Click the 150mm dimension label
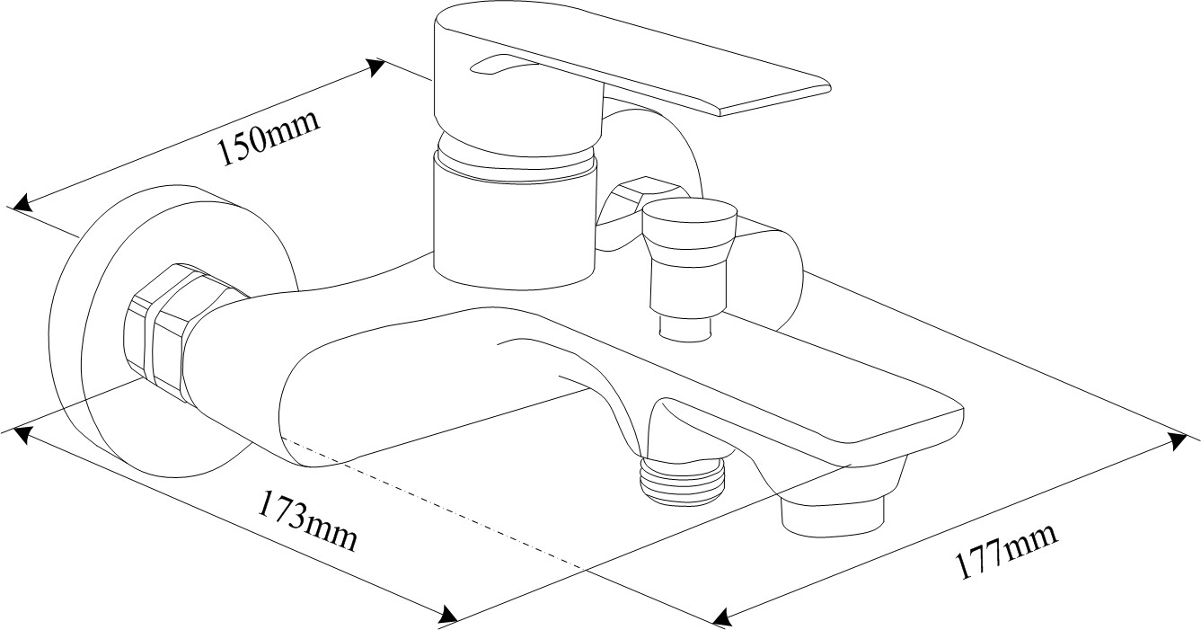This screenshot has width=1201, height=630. coord(269,137)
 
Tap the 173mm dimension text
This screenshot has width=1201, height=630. coord(307,521)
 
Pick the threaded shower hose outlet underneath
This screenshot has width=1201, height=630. coord(682,480)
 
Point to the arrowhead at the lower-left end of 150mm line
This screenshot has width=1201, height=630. coord(22,203)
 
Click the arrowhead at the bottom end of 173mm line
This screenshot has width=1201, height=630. coord(448,614)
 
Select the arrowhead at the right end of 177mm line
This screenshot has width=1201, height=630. coord(1178,441)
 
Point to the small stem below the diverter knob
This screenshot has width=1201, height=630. coord(685,328)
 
